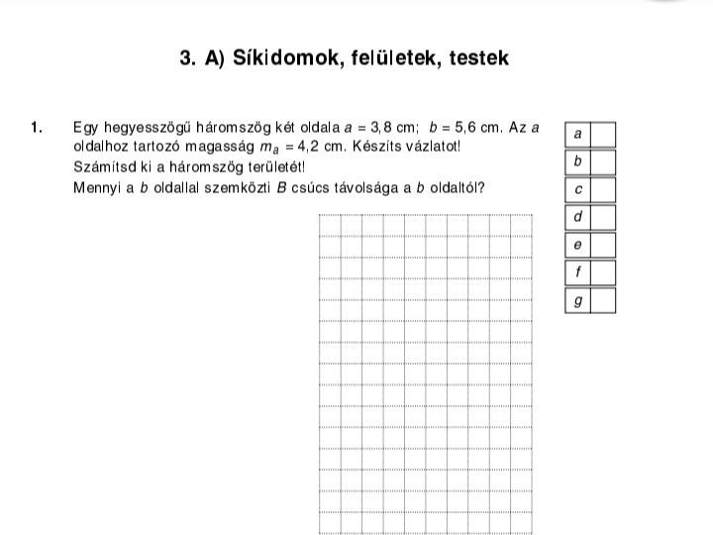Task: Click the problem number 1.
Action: coord(38,128)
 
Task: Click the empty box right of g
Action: coord(603,300)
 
